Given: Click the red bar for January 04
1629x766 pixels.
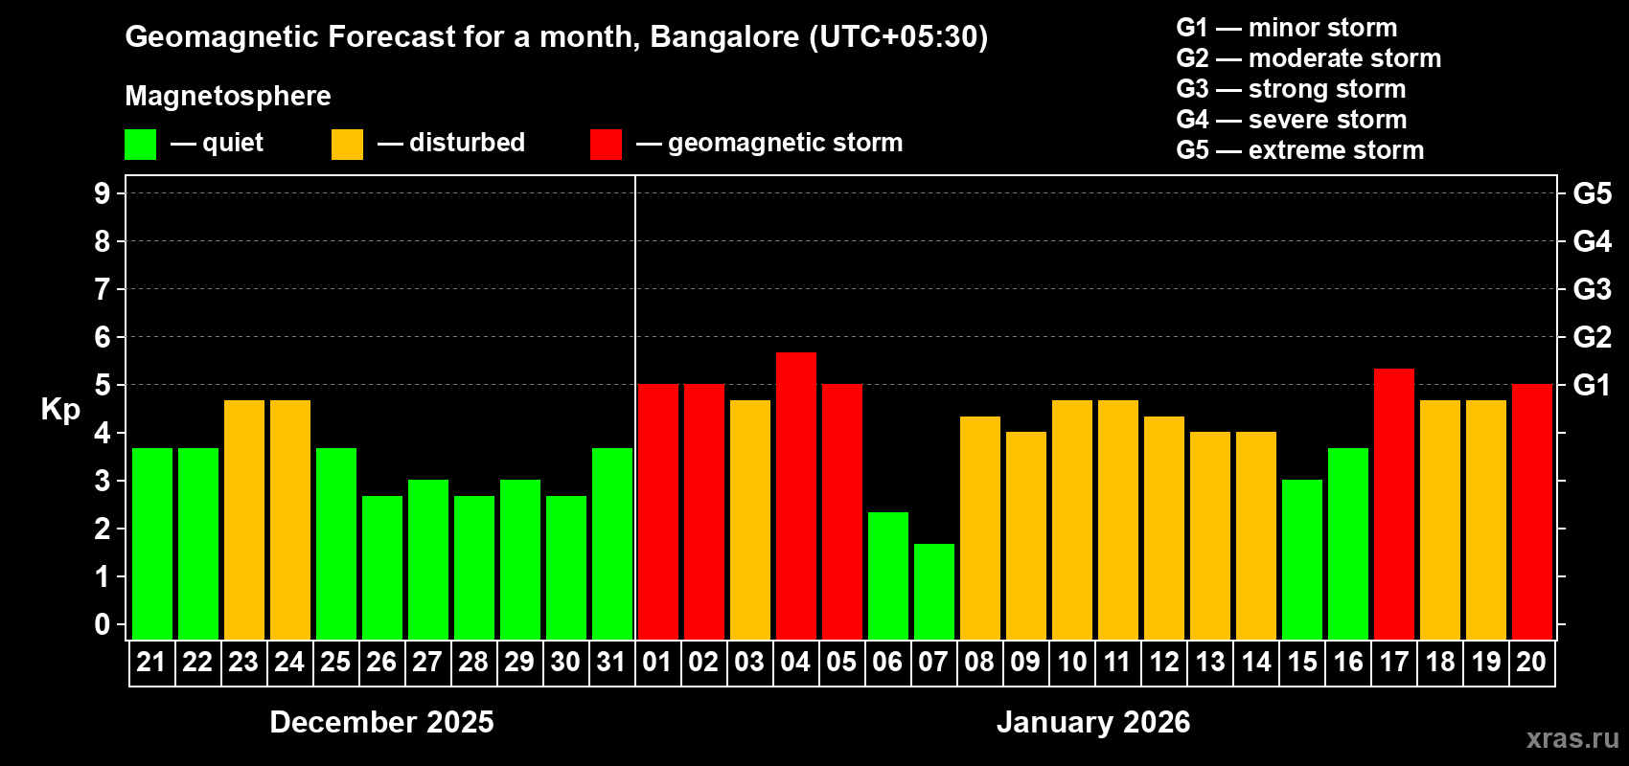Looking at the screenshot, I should pos(795,496).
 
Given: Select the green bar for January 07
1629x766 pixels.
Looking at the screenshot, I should pos(933,592).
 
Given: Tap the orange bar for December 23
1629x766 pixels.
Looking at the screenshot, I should pos(243,520).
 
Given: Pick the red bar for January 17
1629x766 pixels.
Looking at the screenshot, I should pos(1393,504).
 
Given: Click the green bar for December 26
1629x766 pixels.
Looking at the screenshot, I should pos(381,568).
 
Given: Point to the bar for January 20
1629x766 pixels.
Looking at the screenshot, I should pos(1531,512).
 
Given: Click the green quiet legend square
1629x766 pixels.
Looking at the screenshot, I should pos(140,145).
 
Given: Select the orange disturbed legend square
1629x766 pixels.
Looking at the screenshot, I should pos(347,145).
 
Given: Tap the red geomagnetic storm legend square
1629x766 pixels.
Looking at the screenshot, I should pos(606,145).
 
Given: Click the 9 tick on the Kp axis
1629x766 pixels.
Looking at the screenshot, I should pos(103,193).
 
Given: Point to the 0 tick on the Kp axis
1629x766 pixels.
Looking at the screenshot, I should pos(103,625).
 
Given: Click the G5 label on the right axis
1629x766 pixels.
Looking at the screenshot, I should pos(1592,193).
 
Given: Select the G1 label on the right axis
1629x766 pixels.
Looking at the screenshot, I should pos(1592,385).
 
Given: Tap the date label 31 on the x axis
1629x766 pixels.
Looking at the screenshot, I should pos(611,662).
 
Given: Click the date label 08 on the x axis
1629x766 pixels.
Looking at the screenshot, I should pos(979,662).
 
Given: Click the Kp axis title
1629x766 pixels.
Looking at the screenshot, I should pos(60,410).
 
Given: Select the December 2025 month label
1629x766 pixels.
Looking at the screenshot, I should pos(381,722).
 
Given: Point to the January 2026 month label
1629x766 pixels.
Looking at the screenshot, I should pos(1093,722).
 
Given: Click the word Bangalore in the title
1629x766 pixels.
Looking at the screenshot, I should pos(724,36).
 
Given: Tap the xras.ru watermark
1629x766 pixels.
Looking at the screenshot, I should pos(1572,738).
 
